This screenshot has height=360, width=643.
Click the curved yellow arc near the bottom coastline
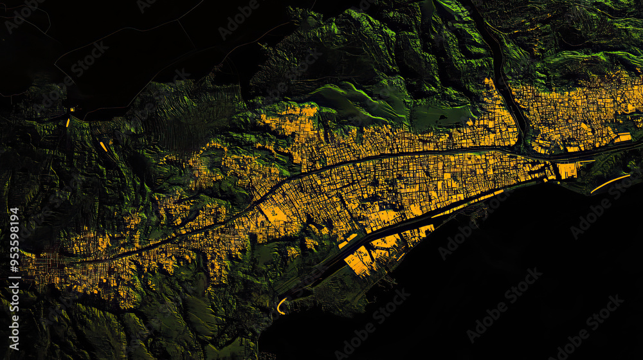[x=280, y=305]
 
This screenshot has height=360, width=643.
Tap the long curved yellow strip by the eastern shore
[x=610, y=183]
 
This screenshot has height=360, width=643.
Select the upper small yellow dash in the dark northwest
[x=68, y=121]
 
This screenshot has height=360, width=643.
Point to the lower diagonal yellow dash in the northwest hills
[x=103, y=147]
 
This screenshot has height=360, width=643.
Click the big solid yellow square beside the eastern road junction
[x=567, y=170]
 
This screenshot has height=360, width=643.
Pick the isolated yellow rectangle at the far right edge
[x=622, y=137]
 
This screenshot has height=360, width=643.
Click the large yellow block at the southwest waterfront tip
[x=358, y=260]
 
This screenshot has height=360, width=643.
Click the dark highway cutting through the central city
[x=360, y=161]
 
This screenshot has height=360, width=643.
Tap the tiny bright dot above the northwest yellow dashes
[x=73, y=109]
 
